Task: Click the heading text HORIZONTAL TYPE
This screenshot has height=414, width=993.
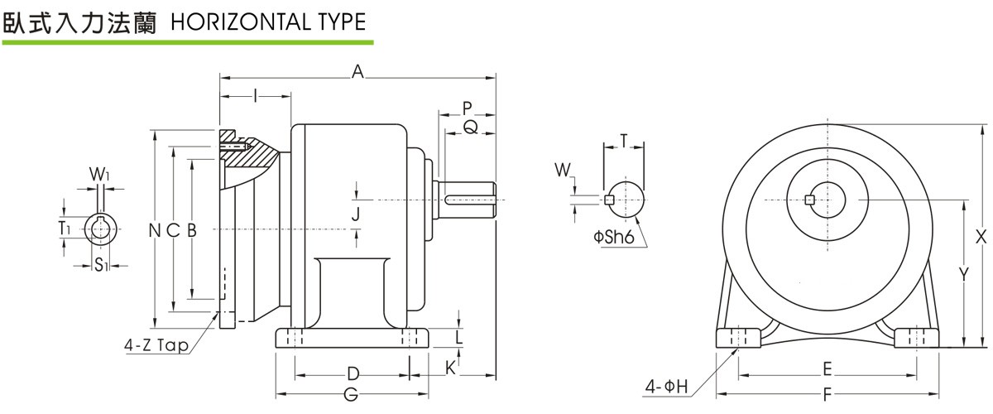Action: coord(267,22)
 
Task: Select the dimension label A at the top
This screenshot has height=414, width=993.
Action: coord(357,73)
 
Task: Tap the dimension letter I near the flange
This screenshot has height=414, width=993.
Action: coord(256,97)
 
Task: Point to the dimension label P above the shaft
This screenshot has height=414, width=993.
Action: coord(468,108)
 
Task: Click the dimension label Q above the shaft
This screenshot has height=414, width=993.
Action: coord(469,127)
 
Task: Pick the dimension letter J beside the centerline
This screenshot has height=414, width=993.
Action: coord(356,214)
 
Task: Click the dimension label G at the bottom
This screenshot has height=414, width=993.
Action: coord(351,395)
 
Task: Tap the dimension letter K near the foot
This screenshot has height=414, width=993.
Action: coord(450,367)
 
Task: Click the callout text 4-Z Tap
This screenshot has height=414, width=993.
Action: coord(157,345)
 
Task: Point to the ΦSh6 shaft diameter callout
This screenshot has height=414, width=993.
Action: coord(612,238)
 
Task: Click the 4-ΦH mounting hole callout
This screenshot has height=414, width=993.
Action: coord(668,386)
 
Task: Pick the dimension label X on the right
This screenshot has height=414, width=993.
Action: coord(981,237)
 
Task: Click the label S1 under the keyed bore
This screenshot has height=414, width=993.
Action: coord(99,265)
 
